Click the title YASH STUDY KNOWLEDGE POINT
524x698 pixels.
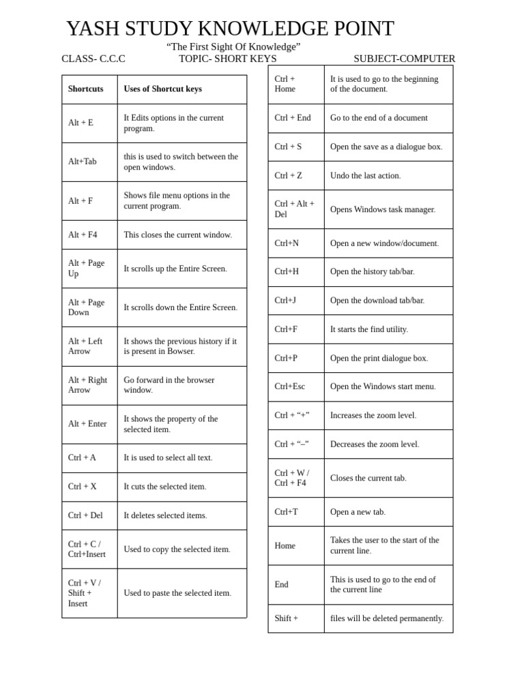pyautogui.click(x=230, y=29)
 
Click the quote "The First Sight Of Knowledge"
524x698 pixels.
pyautogui.click(x=233, y=46)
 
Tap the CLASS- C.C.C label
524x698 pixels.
pyautogui.click(x=93, y=59)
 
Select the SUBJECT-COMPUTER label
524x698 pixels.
pyautogui.click(x=404, y=59)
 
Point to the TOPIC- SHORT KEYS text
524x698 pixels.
pyautogui.click(x=228, y=59)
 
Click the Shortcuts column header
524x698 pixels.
pyautogui.click(x=86, y=89)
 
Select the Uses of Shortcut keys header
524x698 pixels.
pyautogui.click(x=162, y=89)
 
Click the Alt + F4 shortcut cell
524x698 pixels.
pyautogui.click(x=83, y=234)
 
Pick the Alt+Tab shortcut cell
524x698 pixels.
pyautogui.click(x=83, y=162)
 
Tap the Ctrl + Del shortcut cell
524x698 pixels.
pyautogui.click(x=85, y=515)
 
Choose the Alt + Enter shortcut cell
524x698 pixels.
pyautogui.click(x=87, y=424)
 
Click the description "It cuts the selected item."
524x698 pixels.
pyautogui.click(x=164, y=487)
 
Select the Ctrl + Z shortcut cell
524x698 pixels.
pyautogui.click(x=288, y=175)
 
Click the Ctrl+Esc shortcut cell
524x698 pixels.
pyautogui.click(x=290, y=386)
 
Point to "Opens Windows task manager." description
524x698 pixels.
pyautogui.click(x=383, y=209)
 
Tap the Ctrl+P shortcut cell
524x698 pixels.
pyautogui.click(x=286, y=358)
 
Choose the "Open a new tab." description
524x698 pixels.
pyautogui.click(x=358, y=512)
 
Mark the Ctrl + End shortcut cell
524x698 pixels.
pyautogui.click(x=293, y=118)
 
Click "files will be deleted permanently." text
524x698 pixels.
pyautogui.click(x=387, y=618)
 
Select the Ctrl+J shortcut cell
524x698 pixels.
pyautogui.click(x=285, y=300)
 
